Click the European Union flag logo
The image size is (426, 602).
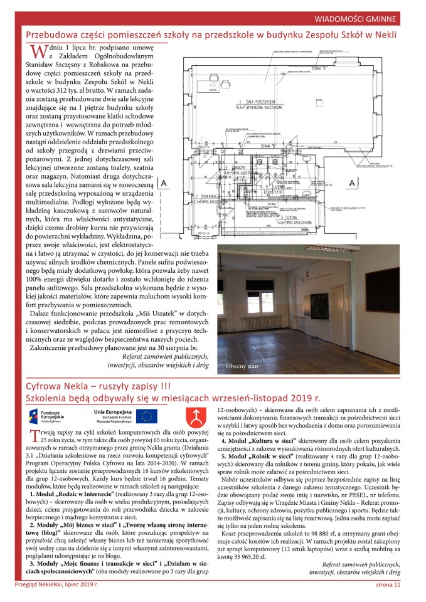(x=147, y=416)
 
